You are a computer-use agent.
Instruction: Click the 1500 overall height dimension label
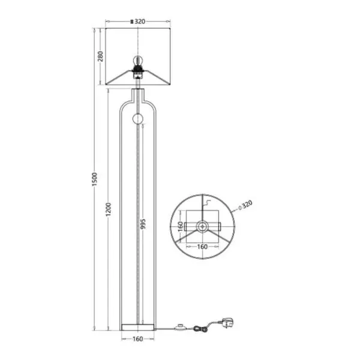point(95,179)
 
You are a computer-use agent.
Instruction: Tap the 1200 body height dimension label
point(108,209)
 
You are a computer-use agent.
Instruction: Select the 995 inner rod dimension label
point(143,224)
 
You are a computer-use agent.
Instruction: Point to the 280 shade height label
point(101,56)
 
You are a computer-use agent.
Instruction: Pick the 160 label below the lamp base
point(138,339)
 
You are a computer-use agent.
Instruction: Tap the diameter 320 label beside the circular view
point(245,205)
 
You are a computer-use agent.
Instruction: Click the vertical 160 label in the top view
point(181,226)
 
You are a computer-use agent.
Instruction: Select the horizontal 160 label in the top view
point(202,247)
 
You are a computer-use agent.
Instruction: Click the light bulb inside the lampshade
point(138,61)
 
